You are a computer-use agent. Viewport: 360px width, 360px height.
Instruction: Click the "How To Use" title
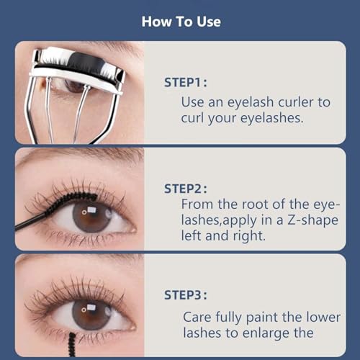pyautogui.click(x=180, y=21)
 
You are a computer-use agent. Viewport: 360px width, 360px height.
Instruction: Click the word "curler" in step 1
pyautogui.click(x=310, y=102)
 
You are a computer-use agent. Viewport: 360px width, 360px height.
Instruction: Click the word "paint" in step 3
pyautogui.click(x=266, y=316)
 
